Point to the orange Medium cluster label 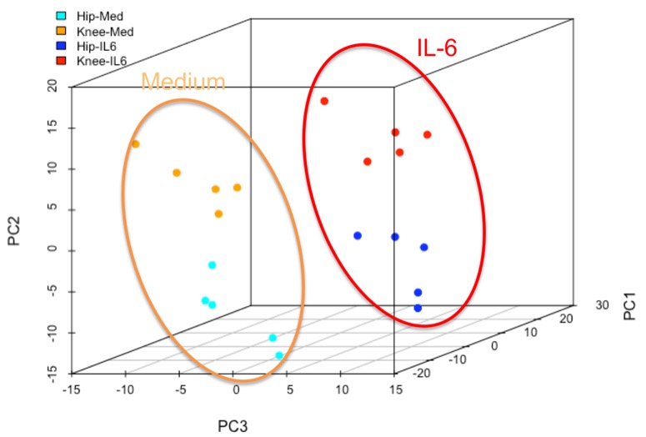[x=183, y=82]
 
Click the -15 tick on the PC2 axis [x=53, y=371]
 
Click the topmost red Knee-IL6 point [x=324, y=102]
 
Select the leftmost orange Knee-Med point [x=136, y=144]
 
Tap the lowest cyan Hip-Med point [x=279, y=355]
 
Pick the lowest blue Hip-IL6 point [x=418, y=309]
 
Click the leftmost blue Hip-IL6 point [x=358, y=236]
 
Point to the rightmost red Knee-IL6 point [x=427, y=134]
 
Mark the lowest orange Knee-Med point [x=218, y=214]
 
